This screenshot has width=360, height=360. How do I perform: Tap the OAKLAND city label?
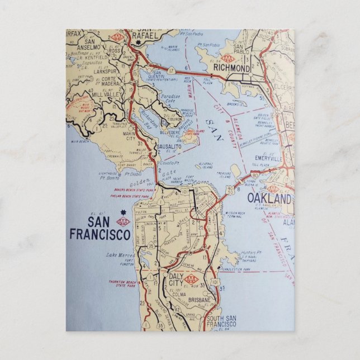point(269,199)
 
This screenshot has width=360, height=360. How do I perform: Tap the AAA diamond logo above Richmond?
point(227,58)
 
